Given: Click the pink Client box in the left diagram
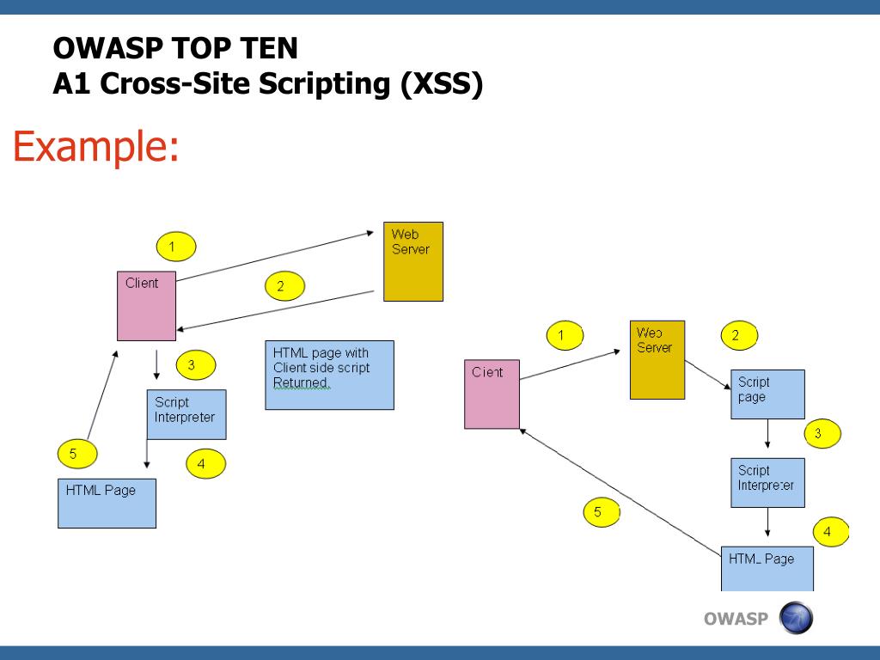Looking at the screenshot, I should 147,306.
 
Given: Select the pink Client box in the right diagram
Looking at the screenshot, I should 492,394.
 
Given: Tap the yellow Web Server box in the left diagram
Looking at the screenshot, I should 412,261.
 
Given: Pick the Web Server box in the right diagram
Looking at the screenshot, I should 657,360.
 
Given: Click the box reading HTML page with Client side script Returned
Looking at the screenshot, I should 329,375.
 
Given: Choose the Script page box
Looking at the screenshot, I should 767,394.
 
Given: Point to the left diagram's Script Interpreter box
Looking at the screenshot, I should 186,414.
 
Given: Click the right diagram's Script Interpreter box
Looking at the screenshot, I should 767,482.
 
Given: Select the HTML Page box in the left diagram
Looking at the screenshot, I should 107,503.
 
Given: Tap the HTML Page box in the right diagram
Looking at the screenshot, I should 767,568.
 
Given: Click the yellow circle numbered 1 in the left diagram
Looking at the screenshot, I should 176,247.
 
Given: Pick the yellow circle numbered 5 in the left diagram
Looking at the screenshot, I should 77,453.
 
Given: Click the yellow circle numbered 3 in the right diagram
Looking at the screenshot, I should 822,433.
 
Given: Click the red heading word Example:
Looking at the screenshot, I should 95,146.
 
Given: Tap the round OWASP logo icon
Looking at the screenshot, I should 795,618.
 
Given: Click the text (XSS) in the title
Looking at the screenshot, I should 442,84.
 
